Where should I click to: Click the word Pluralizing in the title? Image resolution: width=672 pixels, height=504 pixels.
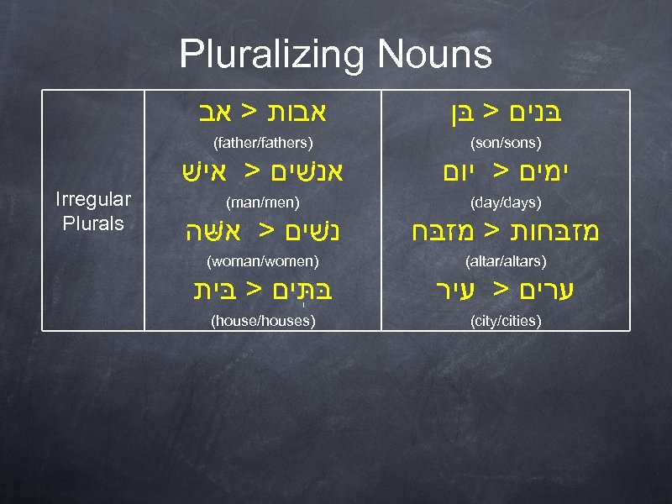tap(272, 55)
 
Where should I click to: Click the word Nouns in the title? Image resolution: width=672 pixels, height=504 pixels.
tap(434, 55)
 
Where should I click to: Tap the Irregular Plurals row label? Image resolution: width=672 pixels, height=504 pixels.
tap(92, 212)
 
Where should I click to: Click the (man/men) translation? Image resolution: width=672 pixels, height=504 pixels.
tap(264, 202)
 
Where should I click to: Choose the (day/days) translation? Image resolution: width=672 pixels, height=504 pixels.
tap(506, 202)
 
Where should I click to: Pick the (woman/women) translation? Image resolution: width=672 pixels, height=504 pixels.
tap(264, 262)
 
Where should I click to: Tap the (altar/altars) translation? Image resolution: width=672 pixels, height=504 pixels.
tap(506, 262)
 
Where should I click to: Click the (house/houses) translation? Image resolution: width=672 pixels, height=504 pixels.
tap(264, 321)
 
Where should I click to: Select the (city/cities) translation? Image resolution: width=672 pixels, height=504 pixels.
tap(506, 321)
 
